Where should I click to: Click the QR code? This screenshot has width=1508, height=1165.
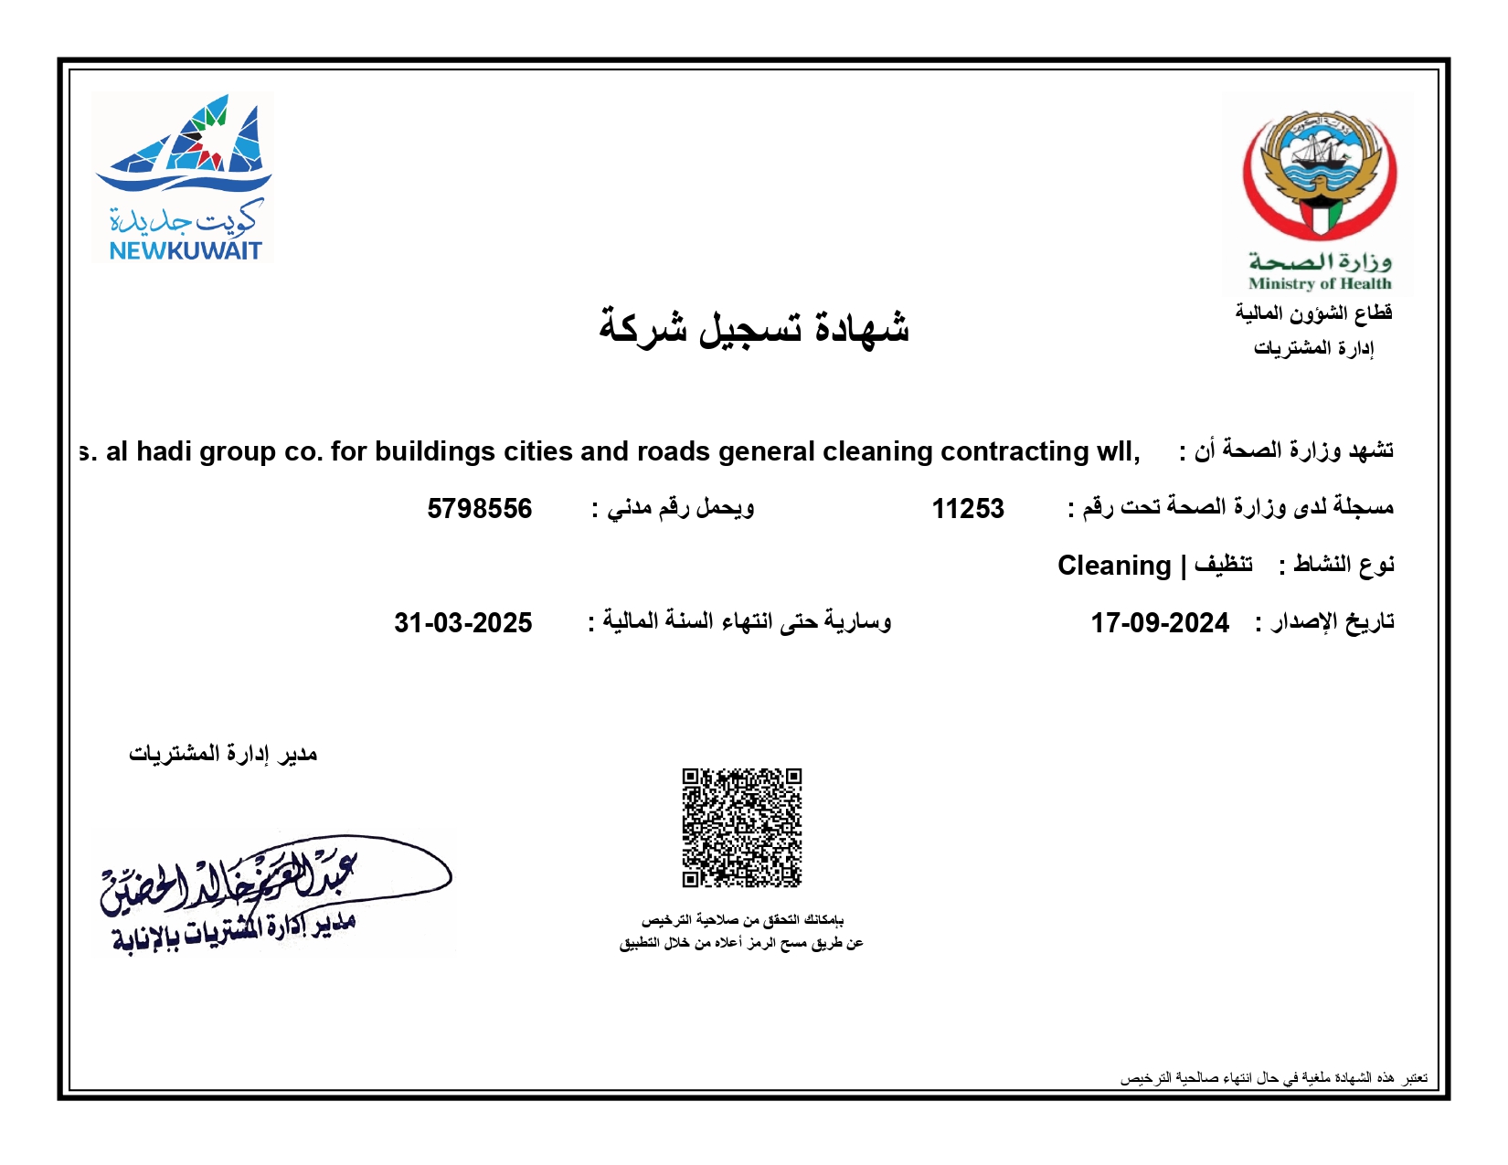(x=741, y=827)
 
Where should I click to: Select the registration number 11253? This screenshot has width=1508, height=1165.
(x=968, y=509)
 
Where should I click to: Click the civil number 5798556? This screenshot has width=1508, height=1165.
(x=479, y=509)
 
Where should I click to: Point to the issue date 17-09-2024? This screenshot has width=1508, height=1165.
(x=1159, y=623)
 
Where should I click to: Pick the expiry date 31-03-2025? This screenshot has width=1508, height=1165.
(x=462, y=623)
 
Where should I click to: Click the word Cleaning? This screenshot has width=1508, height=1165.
(x=1113, y=566)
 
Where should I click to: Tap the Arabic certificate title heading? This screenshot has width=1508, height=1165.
(x=754, y=327)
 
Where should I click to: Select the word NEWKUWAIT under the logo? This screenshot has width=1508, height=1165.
(x=186, y=250)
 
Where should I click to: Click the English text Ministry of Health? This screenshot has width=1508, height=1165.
(x=1319, y=283)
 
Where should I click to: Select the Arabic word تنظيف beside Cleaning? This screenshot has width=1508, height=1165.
(x=1223, y=565)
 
